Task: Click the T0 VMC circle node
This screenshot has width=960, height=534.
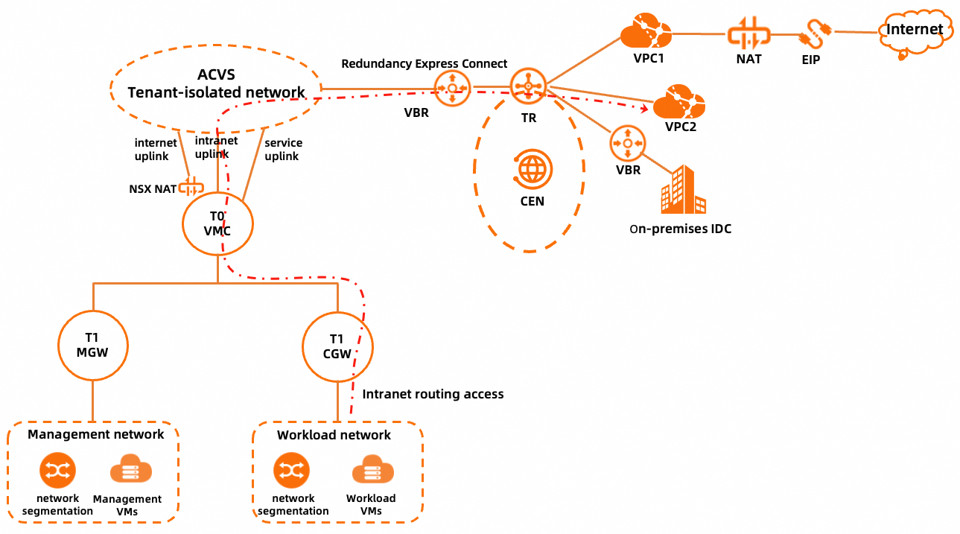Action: click(x=217, y=223)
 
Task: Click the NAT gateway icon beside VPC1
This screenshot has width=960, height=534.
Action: click(x=748, y=34)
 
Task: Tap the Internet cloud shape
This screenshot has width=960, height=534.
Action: click(x=914, y=31)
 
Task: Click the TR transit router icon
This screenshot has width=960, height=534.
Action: click(x=528, y=88)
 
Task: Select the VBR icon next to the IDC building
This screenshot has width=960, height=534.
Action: click(x=628, y=143)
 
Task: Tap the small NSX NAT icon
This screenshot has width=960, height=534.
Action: click(x=191, y=187)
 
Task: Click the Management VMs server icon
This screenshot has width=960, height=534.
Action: click(x=131, y=473)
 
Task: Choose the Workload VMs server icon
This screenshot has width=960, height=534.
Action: click(x=372, y=472)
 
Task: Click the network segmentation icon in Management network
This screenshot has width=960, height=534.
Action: click(x=57, y=471)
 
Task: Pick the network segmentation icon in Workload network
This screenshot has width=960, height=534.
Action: click(x=292, y=471)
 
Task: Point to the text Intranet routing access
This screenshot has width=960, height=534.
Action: click(x=433, y=394)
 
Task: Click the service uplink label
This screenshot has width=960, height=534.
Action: click(x=282, y=149)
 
